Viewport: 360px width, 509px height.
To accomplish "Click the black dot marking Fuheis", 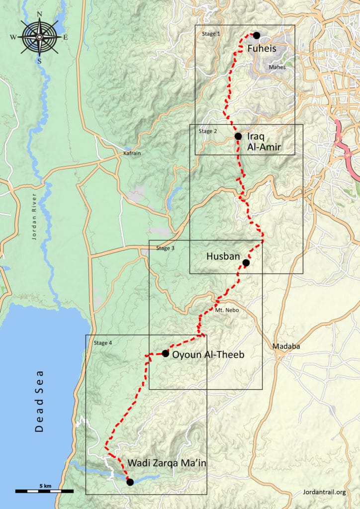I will point(257,35).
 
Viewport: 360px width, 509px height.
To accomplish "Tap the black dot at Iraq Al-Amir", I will point(238,136).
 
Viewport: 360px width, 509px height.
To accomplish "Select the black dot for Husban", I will point(246,262).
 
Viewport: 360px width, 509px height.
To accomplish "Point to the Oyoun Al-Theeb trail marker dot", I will point(165,353).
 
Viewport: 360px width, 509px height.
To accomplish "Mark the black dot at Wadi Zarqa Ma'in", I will point(130,482).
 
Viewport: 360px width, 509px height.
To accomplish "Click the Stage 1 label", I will point(209,34).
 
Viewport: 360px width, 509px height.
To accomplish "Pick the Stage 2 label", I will point(207,132).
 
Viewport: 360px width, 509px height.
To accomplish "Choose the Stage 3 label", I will point(166,248).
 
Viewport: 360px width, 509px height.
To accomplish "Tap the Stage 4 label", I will point(102,342).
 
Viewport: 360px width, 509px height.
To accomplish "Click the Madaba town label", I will point(284,346).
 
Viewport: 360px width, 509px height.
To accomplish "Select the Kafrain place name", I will point(132,154).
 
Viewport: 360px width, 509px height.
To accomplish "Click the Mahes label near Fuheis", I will point(276,66).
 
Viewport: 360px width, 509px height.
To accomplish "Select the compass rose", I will point(39,37).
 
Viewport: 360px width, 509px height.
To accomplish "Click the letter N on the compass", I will point(40,14).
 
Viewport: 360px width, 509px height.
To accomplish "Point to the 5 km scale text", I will point(44,485).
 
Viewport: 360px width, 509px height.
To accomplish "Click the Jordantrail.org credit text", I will point(324,492).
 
